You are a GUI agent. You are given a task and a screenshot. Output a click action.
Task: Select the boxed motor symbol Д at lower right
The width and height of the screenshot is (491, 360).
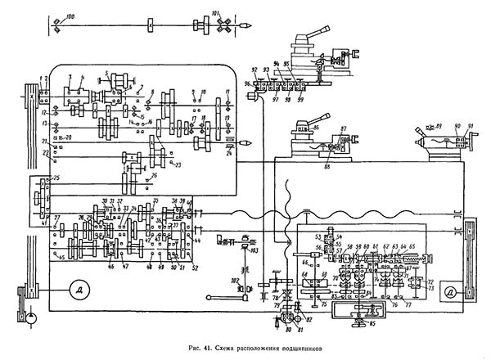pyautogui.click(x=449, y=291)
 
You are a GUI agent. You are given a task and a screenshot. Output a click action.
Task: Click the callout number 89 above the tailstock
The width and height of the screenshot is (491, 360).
pyautogui.click(x=440, y=125)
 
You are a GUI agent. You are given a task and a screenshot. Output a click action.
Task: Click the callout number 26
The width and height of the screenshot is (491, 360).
pyautogui.click(x=155, y=174)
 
